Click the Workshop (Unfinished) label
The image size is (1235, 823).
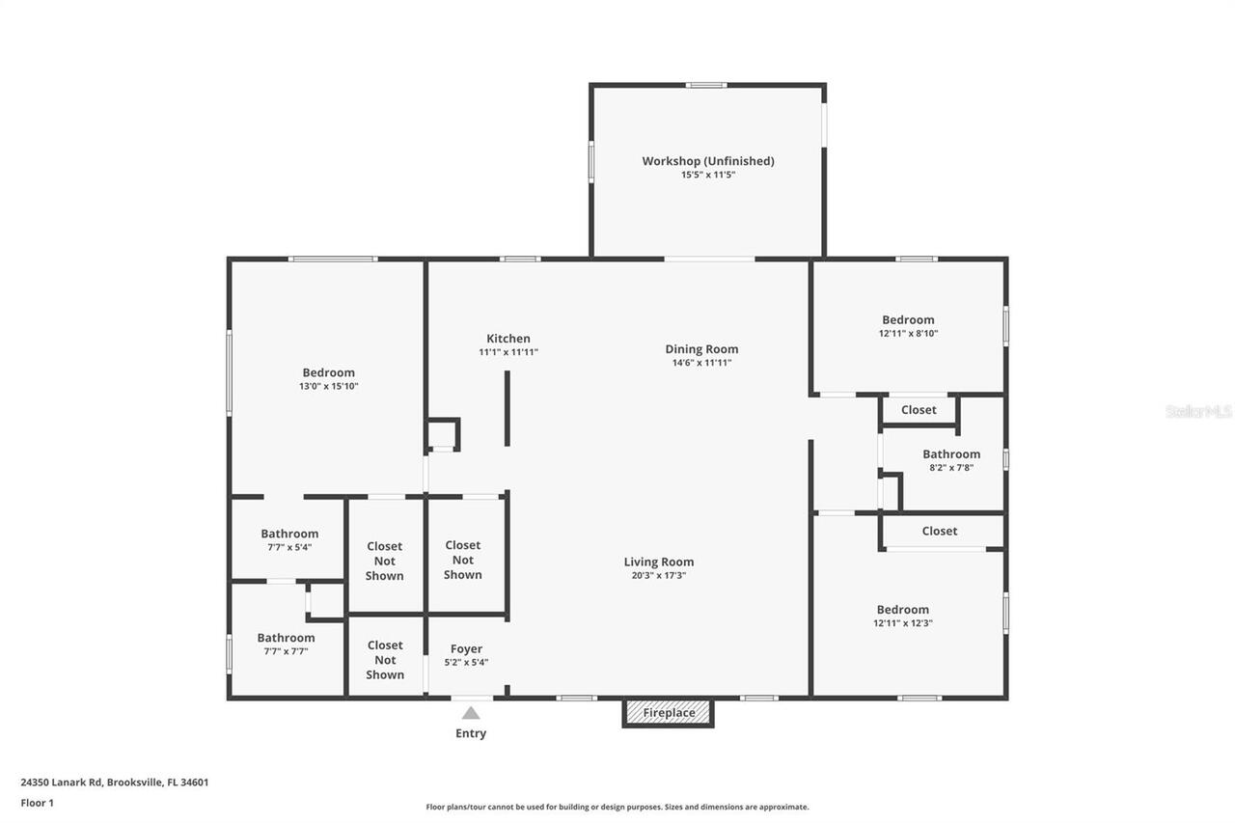tap(708, 161)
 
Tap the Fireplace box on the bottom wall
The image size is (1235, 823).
tap(669, 713)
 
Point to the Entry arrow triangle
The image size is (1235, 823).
tap(471, 713)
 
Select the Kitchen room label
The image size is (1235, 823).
tap(508, 339)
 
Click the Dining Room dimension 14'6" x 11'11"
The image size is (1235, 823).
tap(701, 363)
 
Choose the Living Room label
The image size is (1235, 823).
tap(658, 562)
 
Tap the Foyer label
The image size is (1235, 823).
tap(466, 648)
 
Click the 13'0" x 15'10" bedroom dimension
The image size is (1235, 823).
tap(328, 386)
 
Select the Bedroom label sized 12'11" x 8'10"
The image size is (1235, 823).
tap(908, 319)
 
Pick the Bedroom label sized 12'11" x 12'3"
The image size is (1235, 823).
tap(902, 609)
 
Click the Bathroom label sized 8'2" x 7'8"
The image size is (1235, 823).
tap(950, 453)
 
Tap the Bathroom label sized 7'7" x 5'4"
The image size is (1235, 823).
tap(289, 534)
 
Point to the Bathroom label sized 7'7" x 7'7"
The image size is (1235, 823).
tap(286, 638)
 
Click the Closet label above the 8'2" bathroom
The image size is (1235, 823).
tap(919, 410)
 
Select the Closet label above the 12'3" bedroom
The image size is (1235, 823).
tap(939, 531)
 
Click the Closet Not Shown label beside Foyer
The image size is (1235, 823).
tap(385, 660)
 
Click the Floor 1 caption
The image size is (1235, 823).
tap(38, 802)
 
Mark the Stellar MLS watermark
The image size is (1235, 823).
tap(1198, 411)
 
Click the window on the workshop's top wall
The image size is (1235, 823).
tap(706, 85)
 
